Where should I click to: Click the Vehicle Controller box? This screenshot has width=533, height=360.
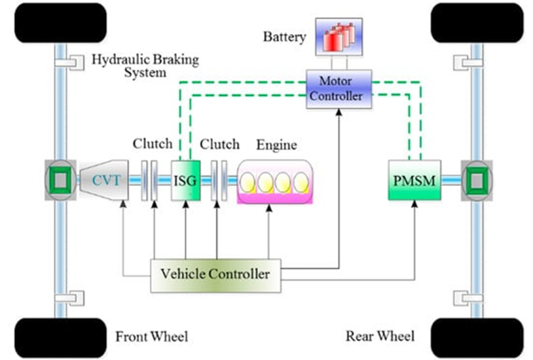coord(217,274)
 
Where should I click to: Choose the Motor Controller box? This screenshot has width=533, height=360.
coord(339,88)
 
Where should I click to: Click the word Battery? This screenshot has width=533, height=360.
coord(284,37)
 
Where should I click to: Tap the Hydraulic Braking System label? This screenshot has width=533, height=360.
coord(145,65)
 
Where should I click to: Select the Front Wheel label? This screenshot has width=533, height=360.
coord(151,336)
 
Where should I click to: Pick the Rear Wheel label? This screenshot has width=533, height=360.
coord(380,336)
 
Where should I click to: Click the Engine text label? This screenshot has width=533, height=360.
coord(276,145)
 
